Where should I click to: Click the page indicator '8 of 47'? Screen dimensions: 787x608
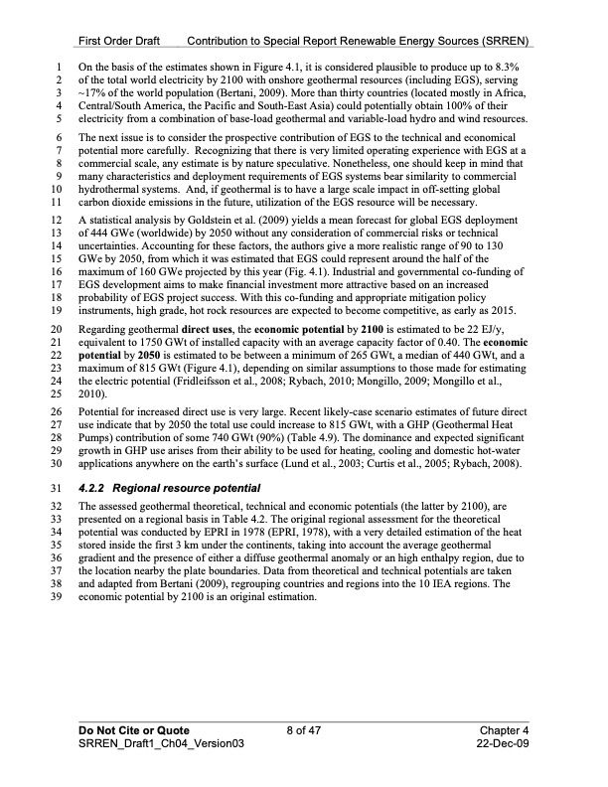tap(304, 730)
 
